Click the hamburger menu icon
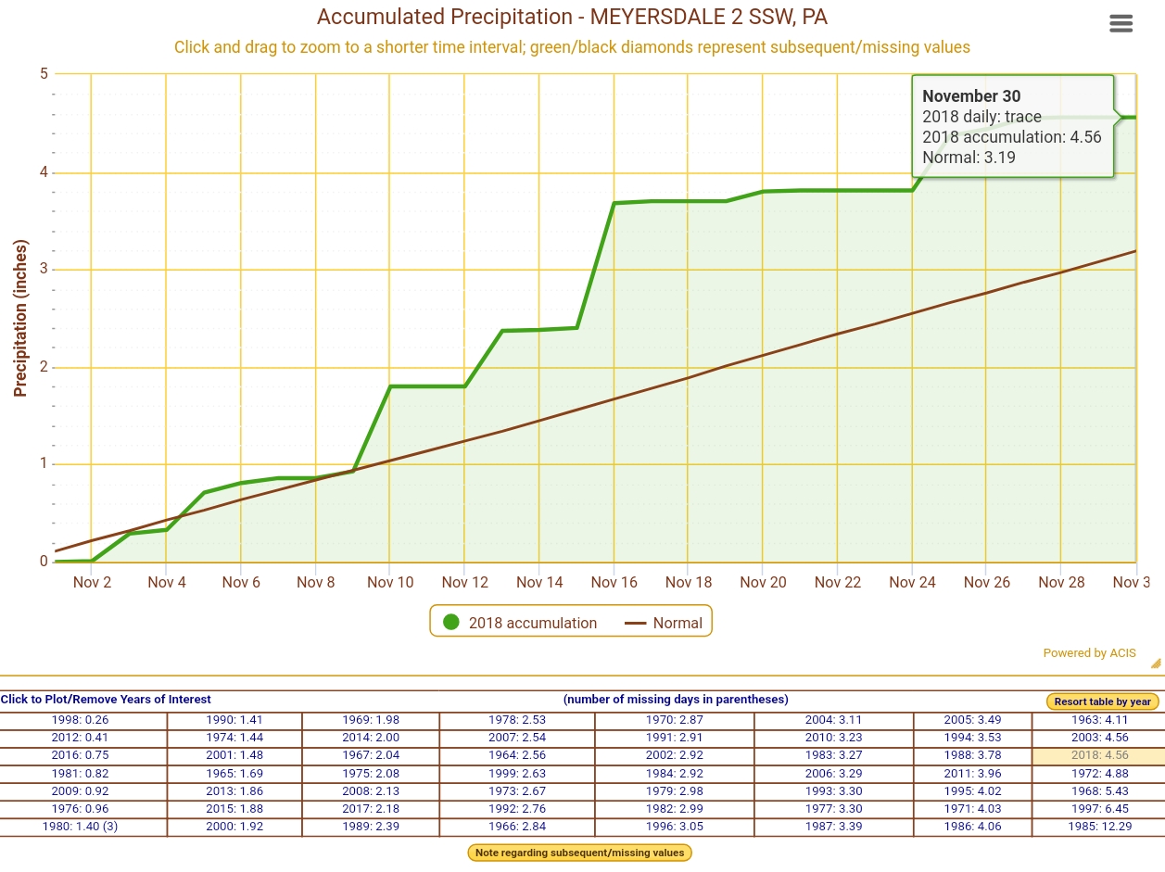1121,24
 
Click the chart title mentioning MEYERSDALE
572,17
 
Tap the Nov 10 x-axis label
390,582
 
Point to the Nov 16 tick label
614,582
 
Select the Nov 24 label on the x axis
912,582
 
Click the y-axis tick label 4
44,172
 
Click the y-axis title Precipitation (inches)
20,318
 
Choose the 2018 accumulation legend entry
520,623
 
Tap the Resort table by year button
1102,701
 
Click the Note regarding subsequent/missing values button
579,853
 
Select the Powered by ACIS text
1089,653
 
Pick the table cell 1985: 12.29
1099,827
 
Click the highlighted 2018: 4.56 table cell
1099,755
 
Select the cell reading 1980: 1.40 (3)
80,827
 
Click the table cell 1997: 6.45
1099,809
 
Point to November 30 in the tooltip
971,96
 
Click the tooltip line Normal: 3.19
969,158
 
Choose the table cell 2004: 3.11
833,720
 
